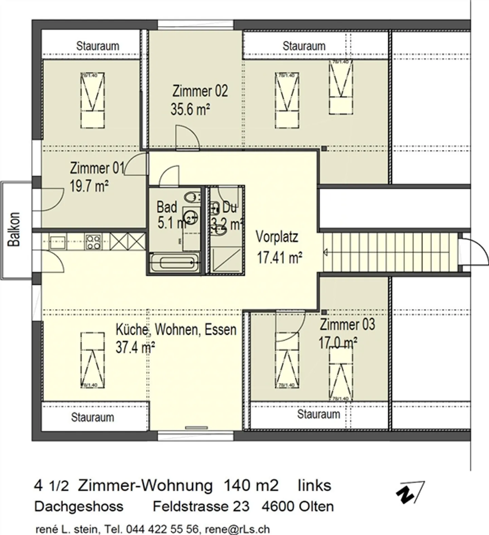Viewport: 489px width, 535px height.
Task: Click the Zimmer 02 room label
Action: pos(200,91)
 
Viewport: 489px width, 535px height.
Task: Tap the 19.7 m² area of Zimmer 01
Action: pos(89,186)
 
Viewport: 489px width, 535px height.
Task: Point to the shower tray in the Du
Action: pos(226,260)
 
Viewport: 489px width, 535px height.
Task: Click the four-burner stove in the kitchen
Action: pos(93,242)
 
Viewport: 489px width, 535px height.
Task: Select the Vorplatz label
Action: pos(277,237)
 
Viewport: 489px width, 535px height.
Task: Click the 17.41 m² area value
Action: pos(279,258)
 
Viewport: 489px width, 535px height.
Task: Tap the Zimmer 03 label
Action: pos(347,324)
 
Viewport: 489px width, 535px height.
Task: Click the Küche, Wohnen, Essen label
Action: pos(176,330)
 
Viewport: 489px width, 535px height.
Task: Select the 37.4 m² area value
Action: pos(135,348)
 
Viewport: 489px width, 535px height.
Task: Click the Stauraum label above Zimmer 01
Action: pos(97,46)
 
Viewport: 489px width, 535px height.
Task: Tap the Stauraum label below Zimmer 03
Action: pos(319,414)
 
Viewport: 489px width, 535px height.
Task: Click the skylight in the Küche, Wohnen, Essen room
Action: pos(92,360)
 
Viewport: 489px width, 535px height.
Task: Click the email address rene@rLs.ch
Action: pos(237,529)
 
